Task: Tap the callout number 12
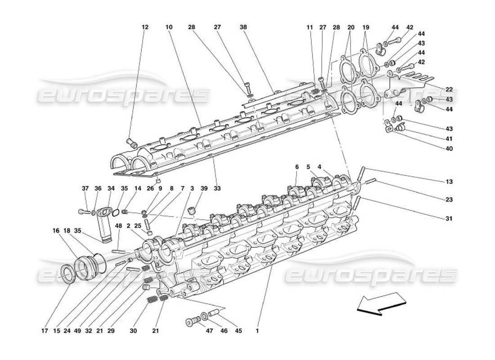[145, 27]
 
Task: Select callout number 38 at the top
[243, 27]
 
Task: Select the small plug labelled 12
[132, 144]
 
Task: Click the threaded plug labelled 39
[193, 211]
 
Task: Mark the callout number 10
[169, 27]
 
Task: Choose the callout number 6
[297, 167]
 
